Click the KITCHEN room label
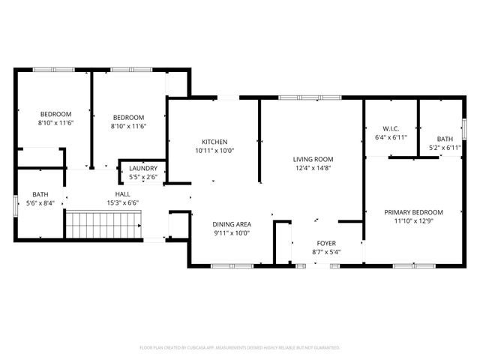coord(214,142)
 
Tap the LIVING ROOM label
coord(313,159)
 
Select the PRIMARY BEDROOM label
coord(413,212)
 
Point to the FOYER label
coord(325,242)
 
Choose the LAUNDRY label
coord(142,169)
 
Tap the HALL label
coord(123,193)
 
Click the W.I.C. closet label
coord(390,128)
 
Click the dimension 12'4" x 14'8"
coord(313,169)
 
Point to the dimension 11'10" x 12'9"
coord(413,221)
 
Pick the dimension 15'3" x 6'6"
coord(123,202)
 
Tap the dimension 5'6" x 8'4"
coord(40,202)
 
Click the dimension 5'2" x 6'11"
coord(445,148)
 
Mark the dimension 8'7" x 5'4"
coord(325,251)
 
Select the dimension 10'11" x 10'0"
coord(214,151)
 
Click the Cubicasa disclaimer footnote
coord(240,348)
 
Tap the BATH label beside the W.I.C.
coord(445,139)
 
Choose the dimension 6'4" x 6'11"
coord(390,138)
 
